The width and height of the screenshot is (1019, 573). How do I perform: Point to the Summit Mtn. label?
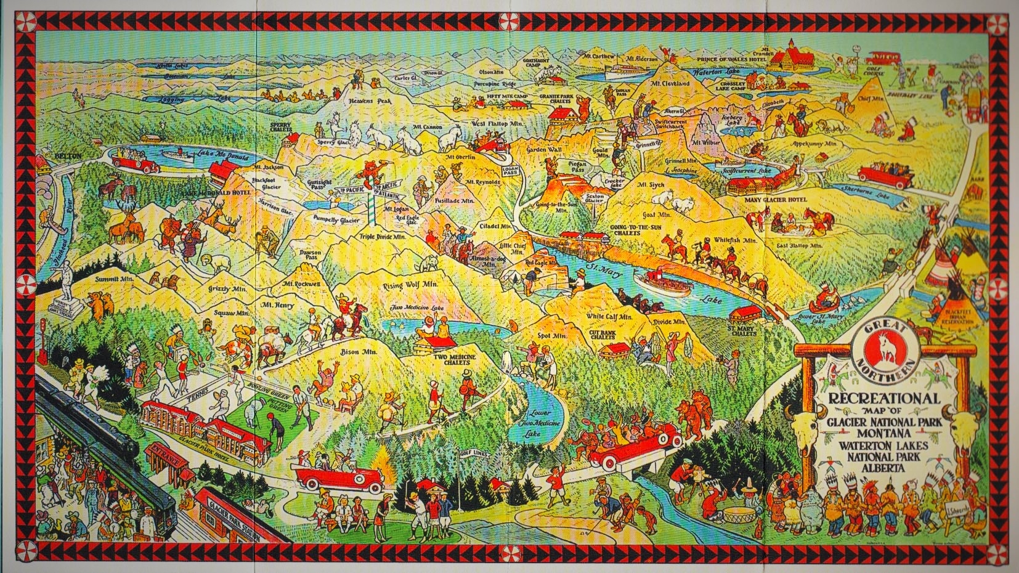coord(114,279)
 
